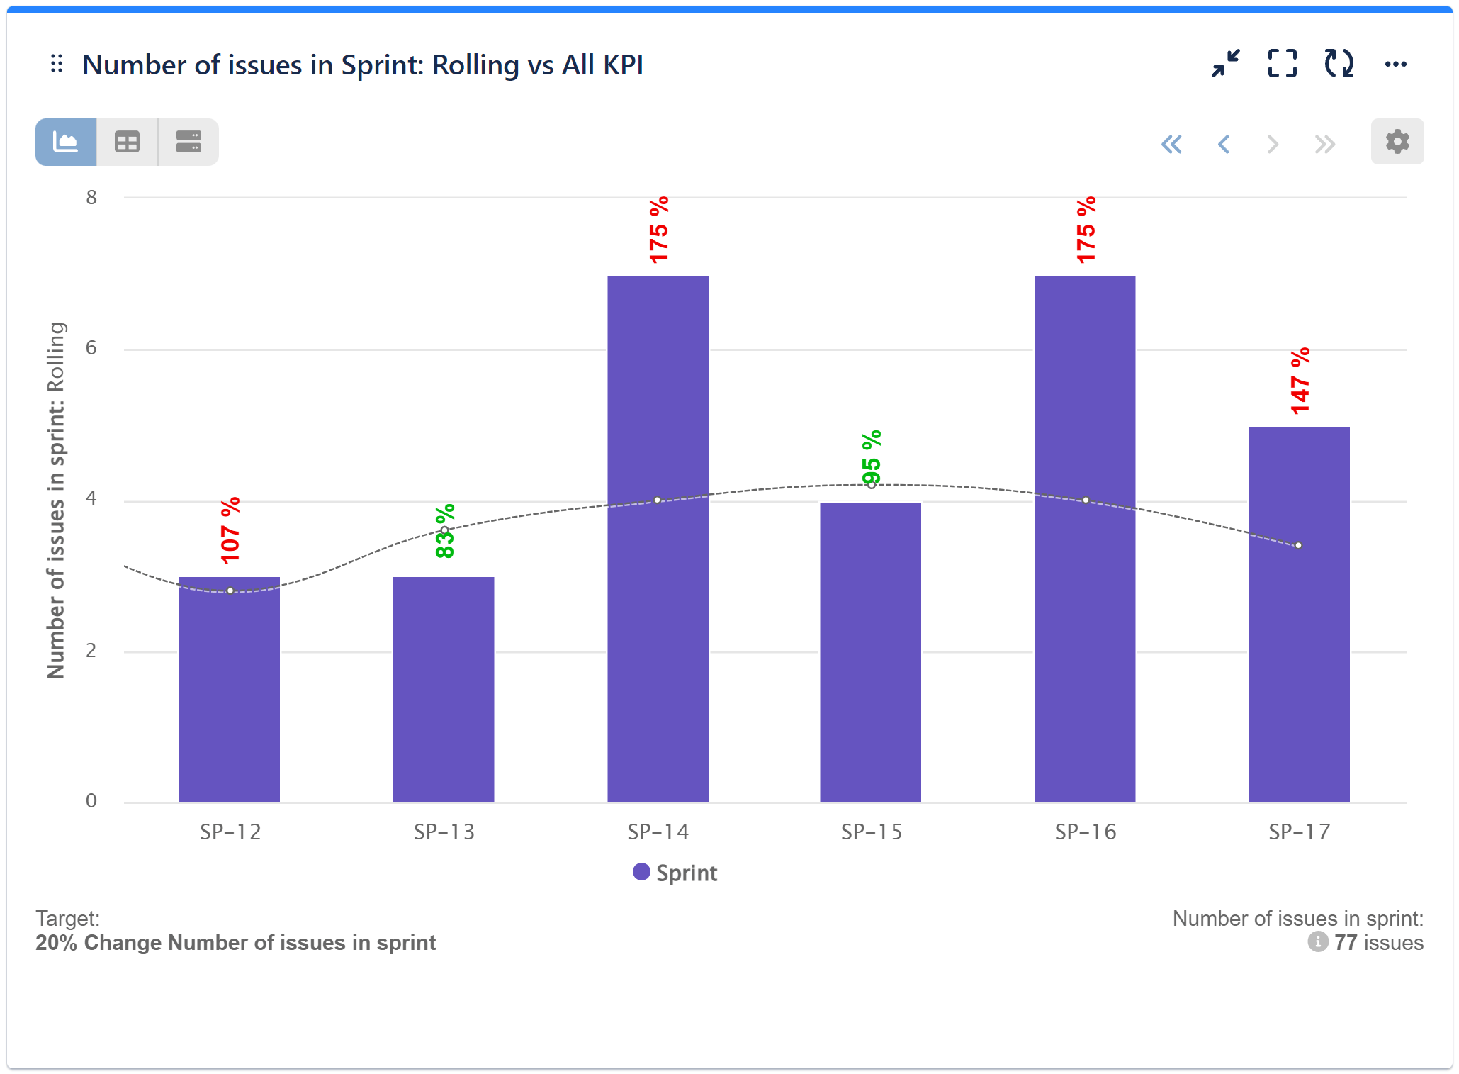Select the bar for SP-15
(x=870, y=651)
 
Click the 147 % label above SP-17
(x=1300, y=381)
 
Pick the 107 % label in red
(x=230, y=531)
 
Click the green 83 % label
(x=445, y=532)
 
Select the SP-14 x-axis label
(x=658, y=832)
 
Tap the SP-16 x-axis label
(x=1085, y=832)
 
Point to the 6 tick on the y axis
(x=91, y=348)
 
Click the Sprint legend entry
(x=675, y=873)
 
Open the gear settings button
(x=1397, y=142)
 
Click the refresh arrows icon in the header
(x=1339, y=64)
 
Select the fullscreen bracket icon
(x=1282, y=64)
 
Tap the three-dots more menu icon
(x=1395, y=65)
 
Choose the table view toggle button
(x=128, y=142)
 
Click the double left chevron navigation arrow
(x=1171, y=145)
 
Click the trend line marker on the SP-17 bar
(x=1298, y=545)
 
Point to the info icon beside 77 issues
(x=1317, y=942)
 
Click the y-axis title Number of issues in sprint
(x=57, y=500)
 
